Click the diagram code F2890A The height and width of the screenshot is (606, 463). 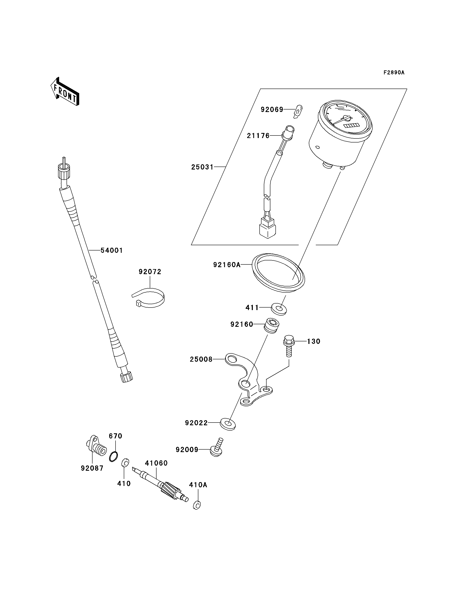click(394, 73)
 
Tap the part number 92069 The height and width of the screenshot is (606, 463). click(272, 109)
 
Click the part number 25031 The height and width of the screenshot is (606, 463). click(203, 167)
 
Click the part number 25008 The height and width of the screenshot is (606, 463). click(201, 359)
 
